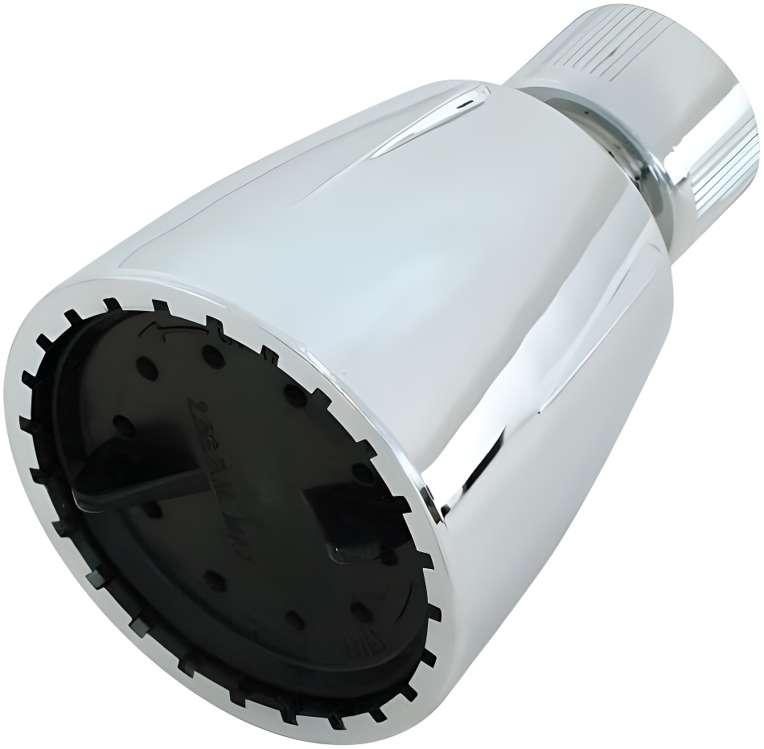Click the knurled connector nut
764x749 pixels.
659,104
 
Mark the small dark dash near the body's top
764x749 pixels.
465,103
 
